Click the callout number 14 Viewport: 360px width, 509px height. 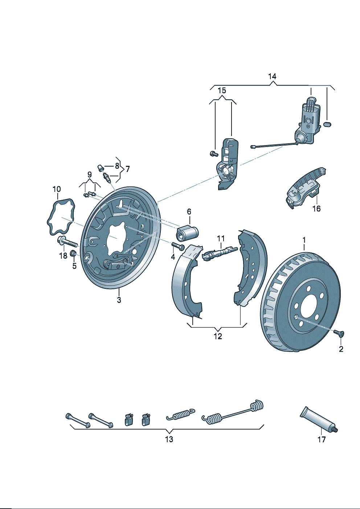[272, 77]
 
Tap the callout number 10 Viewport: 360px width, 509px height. [57, 189]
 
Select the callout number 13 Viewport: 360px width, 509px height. [169, 439]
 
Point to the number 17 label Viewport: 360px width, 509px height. [322, 439]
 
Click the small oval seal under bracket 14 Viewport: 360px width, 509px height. [327, 124]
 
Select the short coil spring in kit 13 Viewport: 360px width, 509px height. [180, 414]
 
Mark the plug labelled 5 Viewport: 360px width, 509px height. [73, 253]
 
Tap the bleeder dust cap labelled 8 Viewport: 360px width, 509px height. [99, 168]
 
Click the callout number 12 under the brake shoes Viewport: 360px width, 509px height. [217, 336]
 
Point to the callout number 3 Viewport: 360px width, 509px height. [119, 300]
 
